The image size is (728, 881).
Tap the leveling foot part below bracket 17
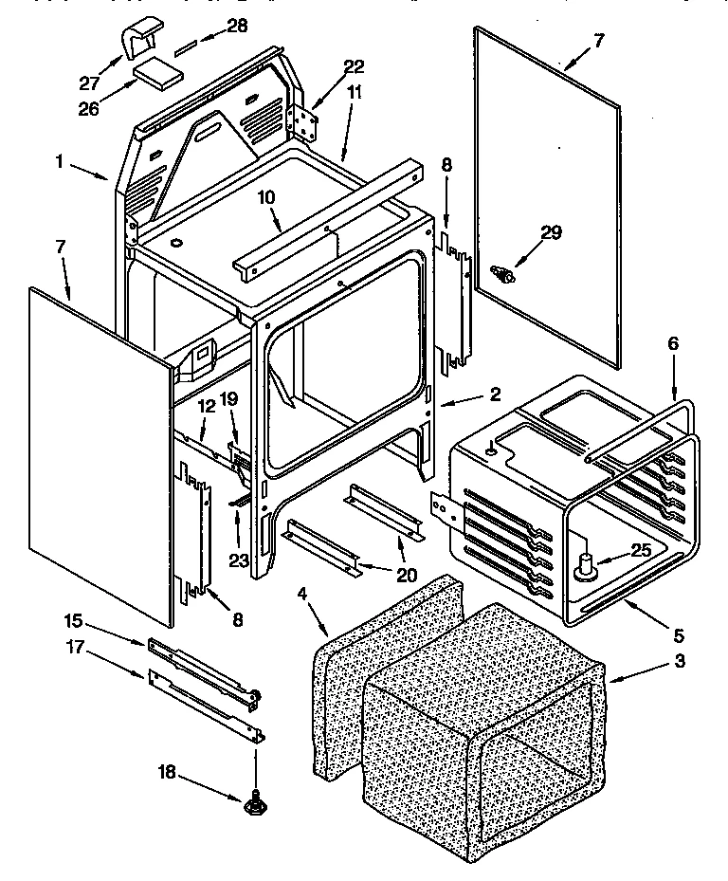255,805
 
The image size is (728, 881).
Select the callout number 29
550,230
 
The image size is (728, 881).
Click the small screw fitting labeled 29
503,275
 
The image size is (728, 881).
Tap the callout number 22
353,65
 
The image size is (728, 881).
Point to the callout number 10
266,196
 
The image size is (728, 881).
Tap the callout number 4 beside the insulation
302,594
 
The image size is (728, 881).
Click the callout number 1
59,162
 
